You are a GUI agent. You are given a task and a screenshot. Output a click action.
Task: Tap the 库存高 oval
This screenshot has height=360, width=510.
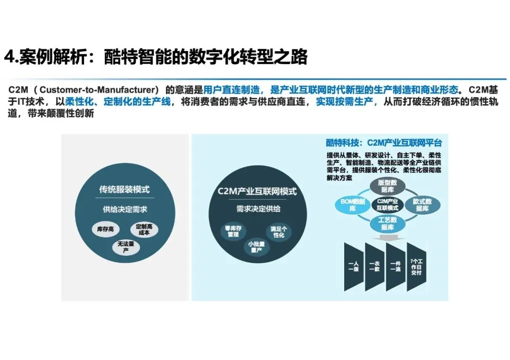click(106, 229)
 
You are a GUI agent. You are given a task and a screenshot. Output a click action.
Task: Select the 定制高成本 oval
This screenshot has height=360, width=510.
click(144, 229)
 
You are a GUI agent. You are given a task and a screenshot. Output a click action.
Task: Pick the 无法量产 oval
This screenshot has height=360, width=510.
click(126, 247)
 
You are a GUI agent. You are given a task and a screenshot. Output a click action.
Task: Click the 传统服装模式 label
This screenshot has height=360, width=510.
click(124, 189)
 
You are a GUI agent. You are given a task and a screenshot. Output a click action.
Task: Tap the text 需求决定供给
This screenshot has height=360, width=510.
click(258, 209)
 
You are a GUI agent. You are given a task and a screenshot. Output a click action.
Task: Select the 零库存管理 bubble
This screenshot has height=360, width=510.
click(233, 231)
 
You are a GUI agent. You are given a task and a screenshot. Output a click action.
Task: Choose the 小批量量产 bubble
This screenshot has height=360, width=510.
click(256, 247)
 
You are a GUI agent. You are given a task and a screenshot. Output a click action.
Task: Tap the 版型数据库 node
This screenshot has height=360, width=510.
click(387, 186)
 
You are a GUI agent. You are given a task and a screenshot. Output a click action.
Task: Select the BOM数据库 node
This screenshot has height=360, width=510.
click(353, 205)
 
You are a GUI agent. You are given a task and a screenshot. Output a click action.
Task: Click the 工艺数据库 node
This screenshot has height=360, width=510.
click(387, 223)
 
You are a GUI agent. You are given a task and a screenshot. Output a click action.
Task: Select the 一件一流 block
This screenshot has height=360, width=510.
click(396, 267)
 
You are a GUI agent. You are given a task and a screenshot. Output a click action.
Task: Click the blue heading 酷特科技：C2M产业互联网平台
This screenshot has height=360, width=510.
click(383, 142)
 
